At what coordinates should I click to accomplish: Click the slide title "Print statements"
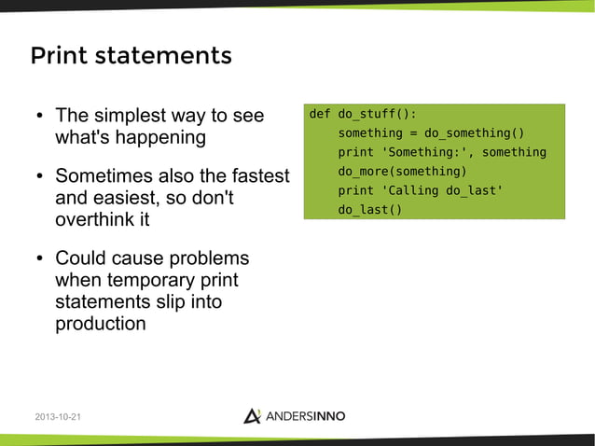(131, 56)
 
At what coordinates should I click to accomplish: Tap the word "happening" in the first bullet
(160, 138)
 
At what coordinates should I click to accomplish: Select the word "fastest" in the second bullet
(257, 176)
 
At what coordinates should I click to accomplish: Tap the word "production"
(101, 325)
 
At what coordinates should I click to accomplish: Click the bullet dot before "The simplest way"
(40, 118)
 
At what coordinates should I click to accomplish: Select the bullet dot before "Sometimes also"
(40, 177)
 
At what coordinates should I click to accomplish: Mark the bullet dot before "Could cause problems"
(40, 258)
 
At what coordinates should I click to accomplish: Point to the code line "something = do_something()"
(431, 133)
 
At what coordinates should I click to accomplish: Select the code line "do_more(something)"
(401, 172)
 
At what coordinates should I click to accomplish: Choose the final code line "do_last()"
(369, 210)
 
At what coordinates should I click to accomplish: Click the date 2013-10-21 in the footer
(57, 416)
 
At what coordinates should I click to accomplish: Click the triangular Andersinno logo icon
(252, 415)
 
